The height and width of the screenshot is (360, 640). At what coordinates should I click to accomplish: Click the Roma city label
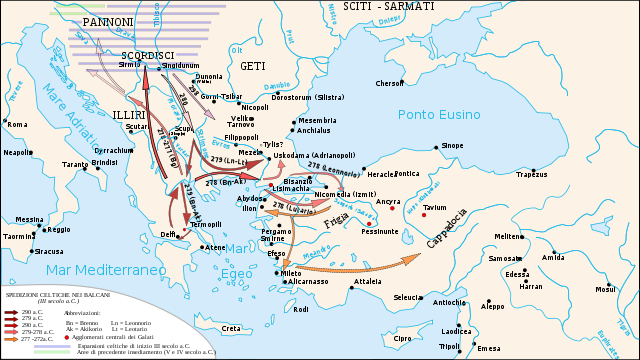pos(17,124)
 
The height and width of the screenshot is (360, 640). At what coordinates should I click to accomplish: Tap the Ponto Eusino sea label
pos(440,114)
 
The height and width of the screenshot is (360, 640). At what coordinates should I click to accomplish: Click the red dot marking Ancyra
pos(391,209)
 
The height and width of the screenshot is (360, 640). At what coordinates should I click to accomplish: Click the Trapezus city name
pos(531,173)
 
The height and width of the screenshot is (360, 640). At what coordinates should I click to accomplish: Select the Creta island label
pos(231,328)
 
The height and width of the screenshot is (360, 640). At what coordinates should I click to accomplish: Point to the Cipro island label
pos(402,338)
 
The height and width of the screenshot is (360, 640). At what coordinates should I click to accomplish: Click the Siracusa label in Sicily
pos(50,251)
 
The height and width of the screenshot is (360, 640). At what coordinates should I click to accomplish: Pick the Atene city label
pos(215,247)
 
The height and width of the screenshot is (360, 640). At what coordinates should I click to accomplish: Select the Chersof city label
pos(389,83)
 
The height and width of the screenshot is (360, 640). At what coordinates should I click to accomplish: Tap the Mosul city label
pos(605,289)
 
